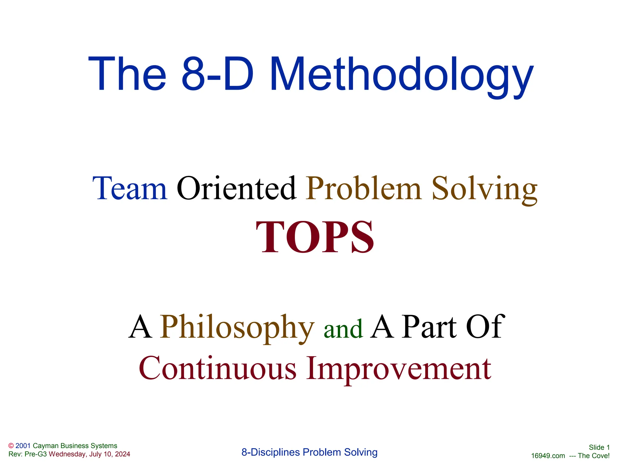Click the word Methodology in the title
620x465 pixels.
[x=402, y=75]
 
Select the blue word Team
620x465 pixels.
[x=130, y=189]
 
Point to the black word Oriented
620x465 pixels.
[x=236, y=189]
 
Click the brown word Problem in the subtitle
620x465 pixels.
[x=364, y=189]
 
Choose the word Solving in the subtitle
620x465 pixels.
[x=484, y=189]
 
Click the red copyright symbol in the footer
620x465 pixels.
[x=11, y=446]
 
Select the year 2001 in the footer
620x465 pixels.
[x=23, y=446]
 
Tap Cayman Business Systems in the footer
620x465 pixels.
[x=75, y=446]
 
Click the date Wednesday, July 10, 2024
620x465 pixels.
[x=89, y=454]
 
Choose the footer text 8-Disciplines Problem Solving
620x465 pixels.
[x=309, y=452]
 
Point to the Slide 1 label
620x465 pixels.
[x=599, y=447]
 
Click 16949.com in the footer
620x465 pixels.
[x=548, y=456]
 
